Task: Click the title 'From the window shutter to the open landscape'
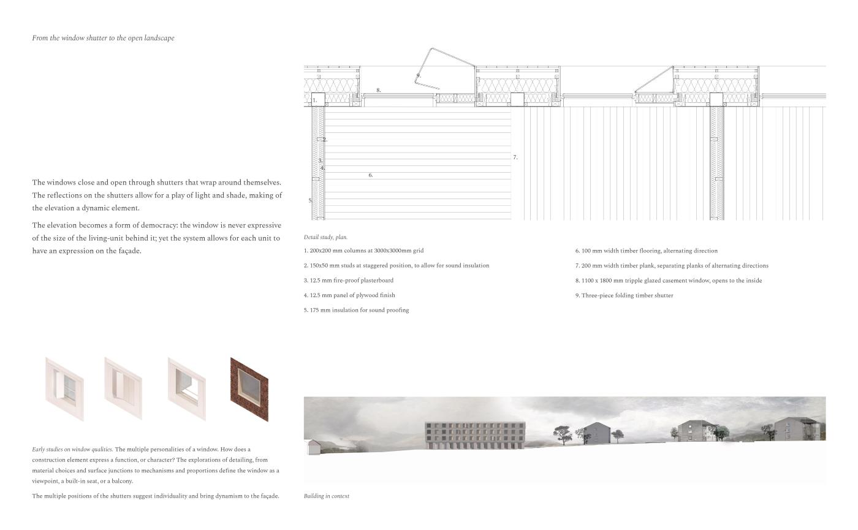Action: point(103,38)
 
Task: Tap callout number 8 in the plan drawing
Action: point(378,90)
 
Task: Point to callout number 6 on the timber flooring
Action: point(370,175)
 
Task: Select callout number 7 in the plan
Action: point(515,157)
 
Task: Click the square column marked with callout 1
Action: point(318,99)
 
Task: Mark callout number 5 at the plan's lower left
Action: point(310,200)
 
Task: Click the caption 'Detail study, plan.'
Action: point(325,237)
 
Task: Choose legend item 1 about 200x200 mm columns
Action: point(363,251)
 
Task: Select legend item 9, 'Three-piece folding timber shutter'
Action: point(624,295)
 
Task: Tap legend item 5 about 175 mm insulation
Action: point(356,310)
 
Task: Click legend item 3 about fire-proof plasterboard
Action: point(348,281)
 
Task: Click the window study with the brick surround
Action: point(249,389)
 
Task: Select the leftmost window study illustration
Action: point(64,389)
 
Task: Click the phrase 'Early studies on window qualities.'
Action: point(72,450)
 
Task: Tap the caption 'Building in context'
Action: point(326,496)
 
